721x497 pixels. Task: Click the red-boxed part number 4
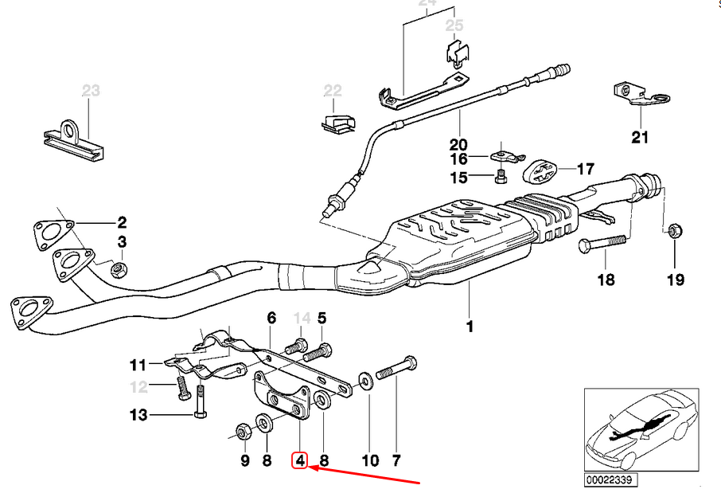(x=299, y=460)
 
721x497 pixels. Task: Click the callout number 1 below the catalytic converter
(x=470, y=326)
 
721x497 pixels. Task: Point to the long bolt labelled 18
(x=602, y=243)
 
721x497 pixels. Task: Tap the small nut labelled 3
(x=117, y=267)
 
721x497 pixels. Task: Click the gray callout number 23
(x=91, y=92)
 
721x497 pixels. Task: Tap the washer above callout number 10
(x=364, y=380)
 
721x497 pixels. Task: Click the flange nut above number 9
(x=244, y=432)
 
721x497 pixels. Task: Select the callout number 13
(x=139, y=414)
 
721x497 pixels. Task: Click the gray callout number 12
(x=139, y=387)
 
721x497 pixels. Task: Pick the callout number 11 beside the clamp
(x=138, y=366)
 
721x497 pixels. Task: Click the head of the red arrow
(x=311, y=468)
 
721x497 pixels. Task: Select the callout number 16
(x=459, y=159)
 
